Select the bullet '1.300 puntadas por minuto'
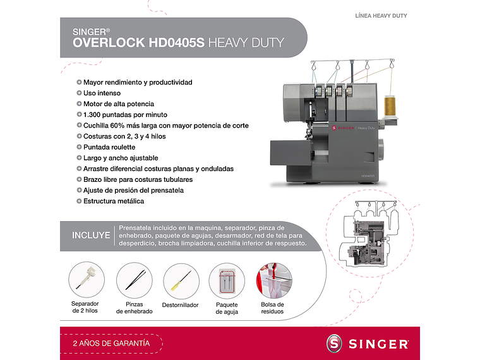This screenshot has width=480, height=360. click(x=125, y=114)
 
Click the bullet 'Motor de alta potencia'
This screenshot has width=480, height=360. click(x=119, y=104)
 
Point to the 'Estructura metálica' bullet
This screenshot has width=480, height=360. click(x=114, y=201)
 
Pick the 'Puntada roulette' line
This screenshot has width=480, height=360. click(x=109, y=147)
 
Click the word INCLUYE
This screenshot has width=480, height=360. click(x=91, y=236)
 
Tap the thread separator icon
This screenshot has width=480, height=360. click(x=85, y=280)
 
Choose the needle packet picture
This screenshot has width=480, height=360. click(x=227, y=281)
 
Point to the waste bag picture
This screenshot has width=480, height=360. click(x=273, y=281)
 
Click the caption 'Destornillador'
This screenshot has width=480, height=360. click(x=181, y=305)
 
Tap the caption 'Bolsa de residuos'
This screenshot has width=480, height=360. click(x=273, y=308)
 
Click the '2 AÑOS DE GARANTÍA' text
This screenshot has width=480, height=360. click(x=111, y=343)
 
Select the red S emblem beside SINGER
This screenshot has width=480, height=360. click(x=335, y=344)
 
